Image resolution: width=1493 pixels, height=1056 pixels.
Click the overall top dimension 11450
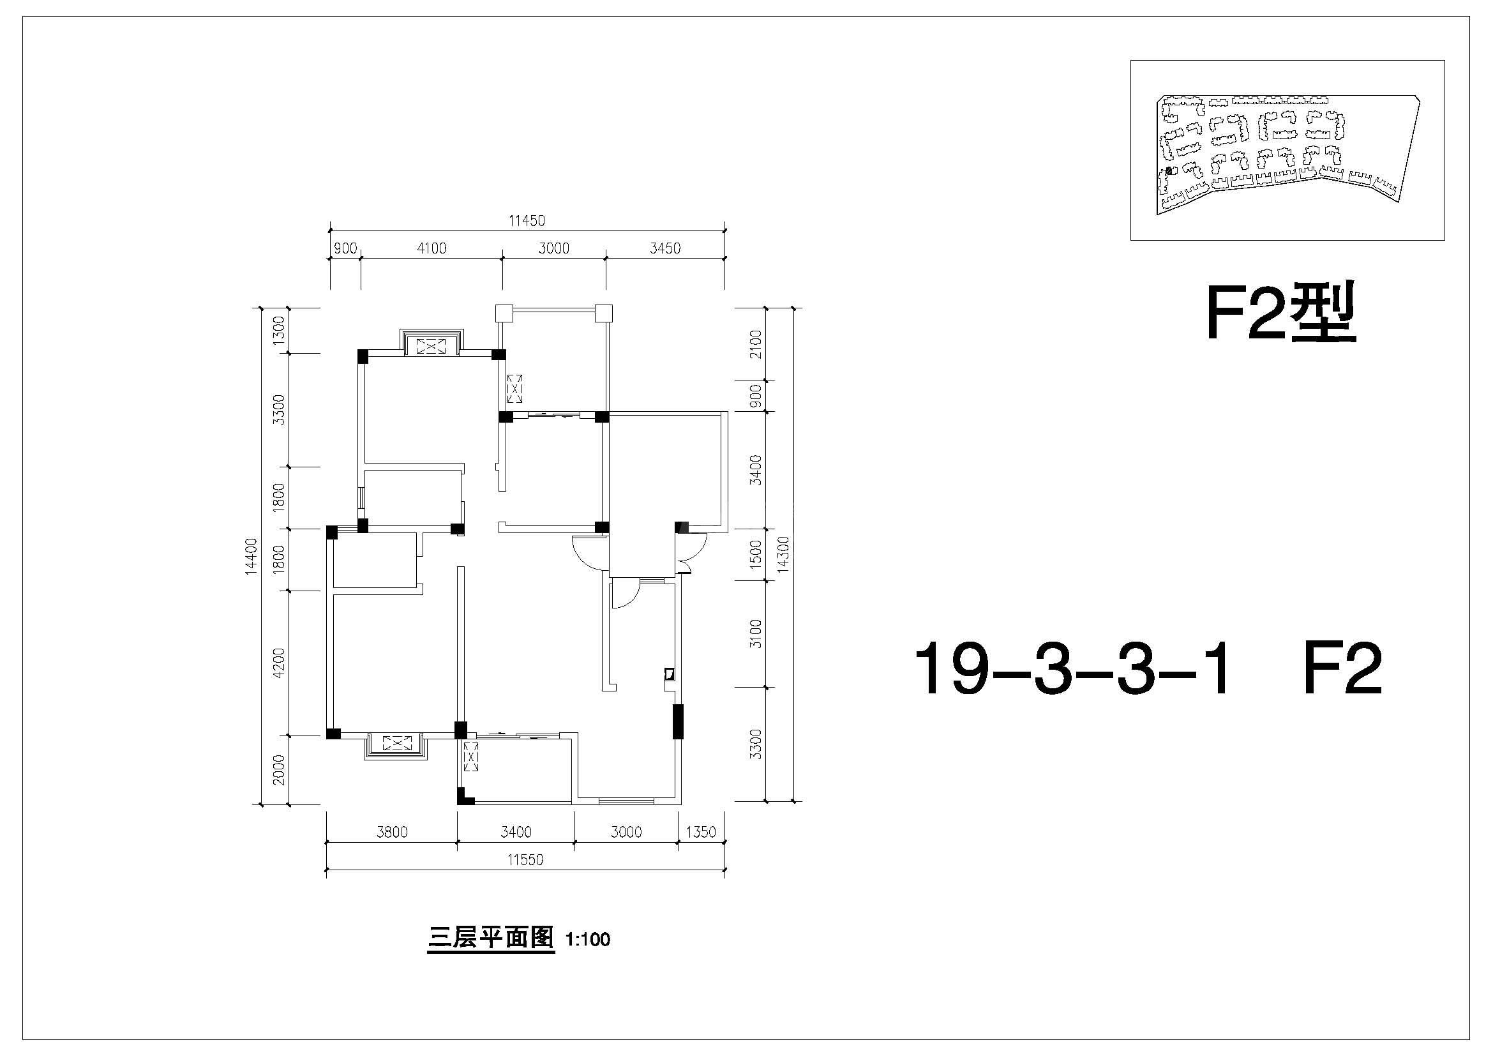527,221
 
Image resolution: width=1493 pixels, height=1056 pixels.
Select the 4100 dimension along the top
431,248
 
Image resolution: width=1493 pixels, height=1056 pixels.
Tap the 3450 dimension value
665,248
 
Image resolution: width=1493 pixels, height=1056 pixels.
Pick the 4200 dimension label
279,663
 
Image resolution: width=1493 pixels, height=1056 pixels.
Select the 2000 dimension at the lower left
279,770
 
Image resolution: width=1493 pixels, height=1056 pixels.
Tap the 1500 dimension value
755,554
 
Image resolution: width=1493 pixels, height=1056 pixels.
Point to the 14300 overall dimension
783,554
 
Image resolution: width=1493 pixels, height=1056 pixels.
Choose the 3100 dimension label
755,633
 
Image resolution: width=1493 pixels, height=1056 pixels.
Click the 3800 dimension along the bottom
392,833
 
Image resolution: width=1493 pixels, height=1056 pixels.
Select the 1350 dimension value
701,833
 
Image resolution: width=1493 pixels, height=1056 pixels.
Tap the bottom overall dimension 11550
525,860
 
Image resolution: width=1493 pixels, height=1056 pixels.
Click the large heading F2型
1281,313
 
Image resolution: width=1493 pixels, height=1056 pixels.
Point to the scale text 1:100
588,940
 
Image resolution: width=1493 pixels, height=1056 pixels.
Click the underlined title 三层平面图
491,939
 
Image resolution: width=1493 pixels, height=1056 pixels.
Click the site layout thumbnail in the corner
1287,150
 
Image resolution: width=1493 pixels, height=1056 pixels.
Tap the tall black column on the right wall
678,721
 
